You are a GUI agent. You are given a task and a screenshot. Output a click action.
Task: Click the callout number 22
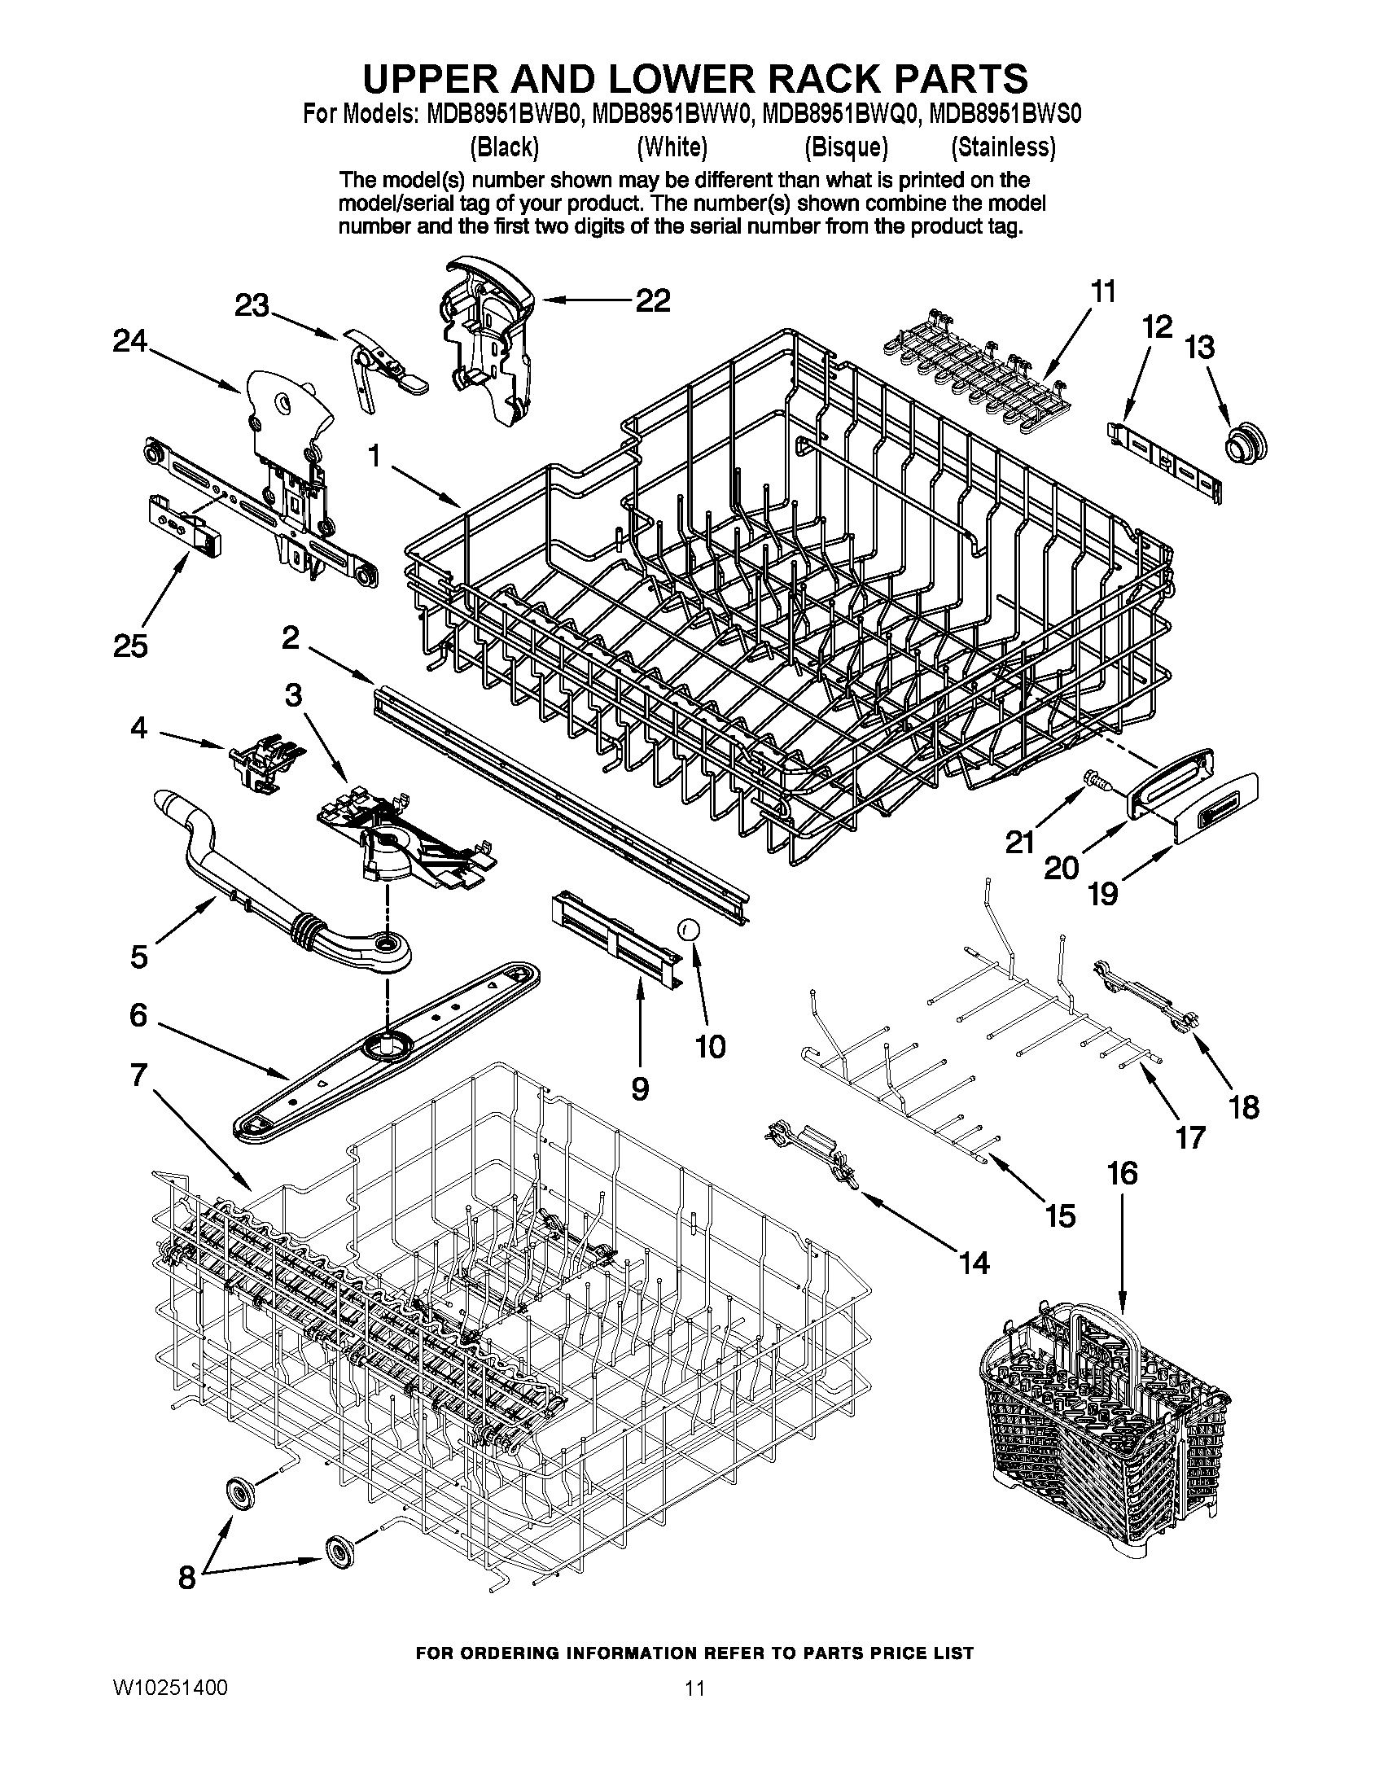[x=653, y=301]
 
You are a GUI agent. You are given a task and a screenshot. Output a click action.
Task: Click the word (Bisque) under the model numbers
[x=845, y=147]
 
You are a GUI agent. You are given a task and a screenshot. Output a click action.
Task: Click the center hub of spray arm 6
[x=387, y=1044]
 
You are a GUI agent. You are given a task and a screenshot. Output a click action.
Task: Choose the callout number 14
[x=974, y=1263]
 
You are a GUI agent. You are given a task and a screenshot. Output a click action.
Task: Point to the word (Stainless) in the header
[x=1003, y=147]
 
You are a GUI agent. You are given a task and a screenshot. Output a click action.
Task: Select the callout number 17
[x=1190, y=1136]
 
